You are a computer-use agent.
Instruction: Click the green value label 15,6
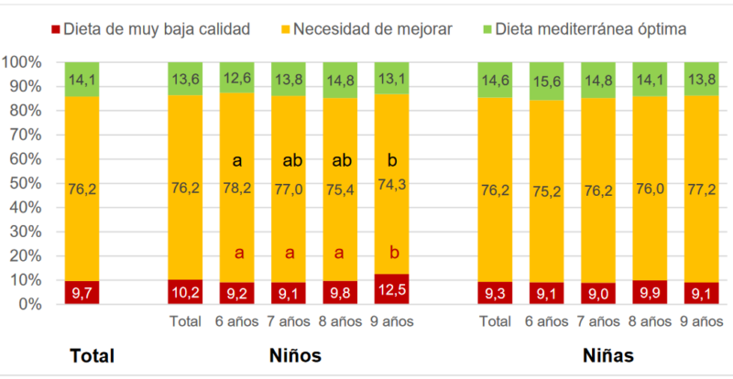(x=548, y=81)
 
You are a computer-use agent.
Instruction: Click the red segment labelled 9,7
(x=82, y=292)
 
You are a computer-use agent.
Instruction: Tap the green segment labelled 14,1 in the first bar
(x=82, y=79)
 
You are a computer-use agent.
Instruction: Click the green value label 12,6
(x=237, y=77)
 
